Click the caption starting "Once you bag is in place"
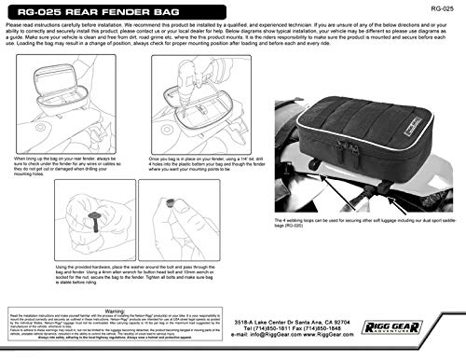[200, 161]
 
